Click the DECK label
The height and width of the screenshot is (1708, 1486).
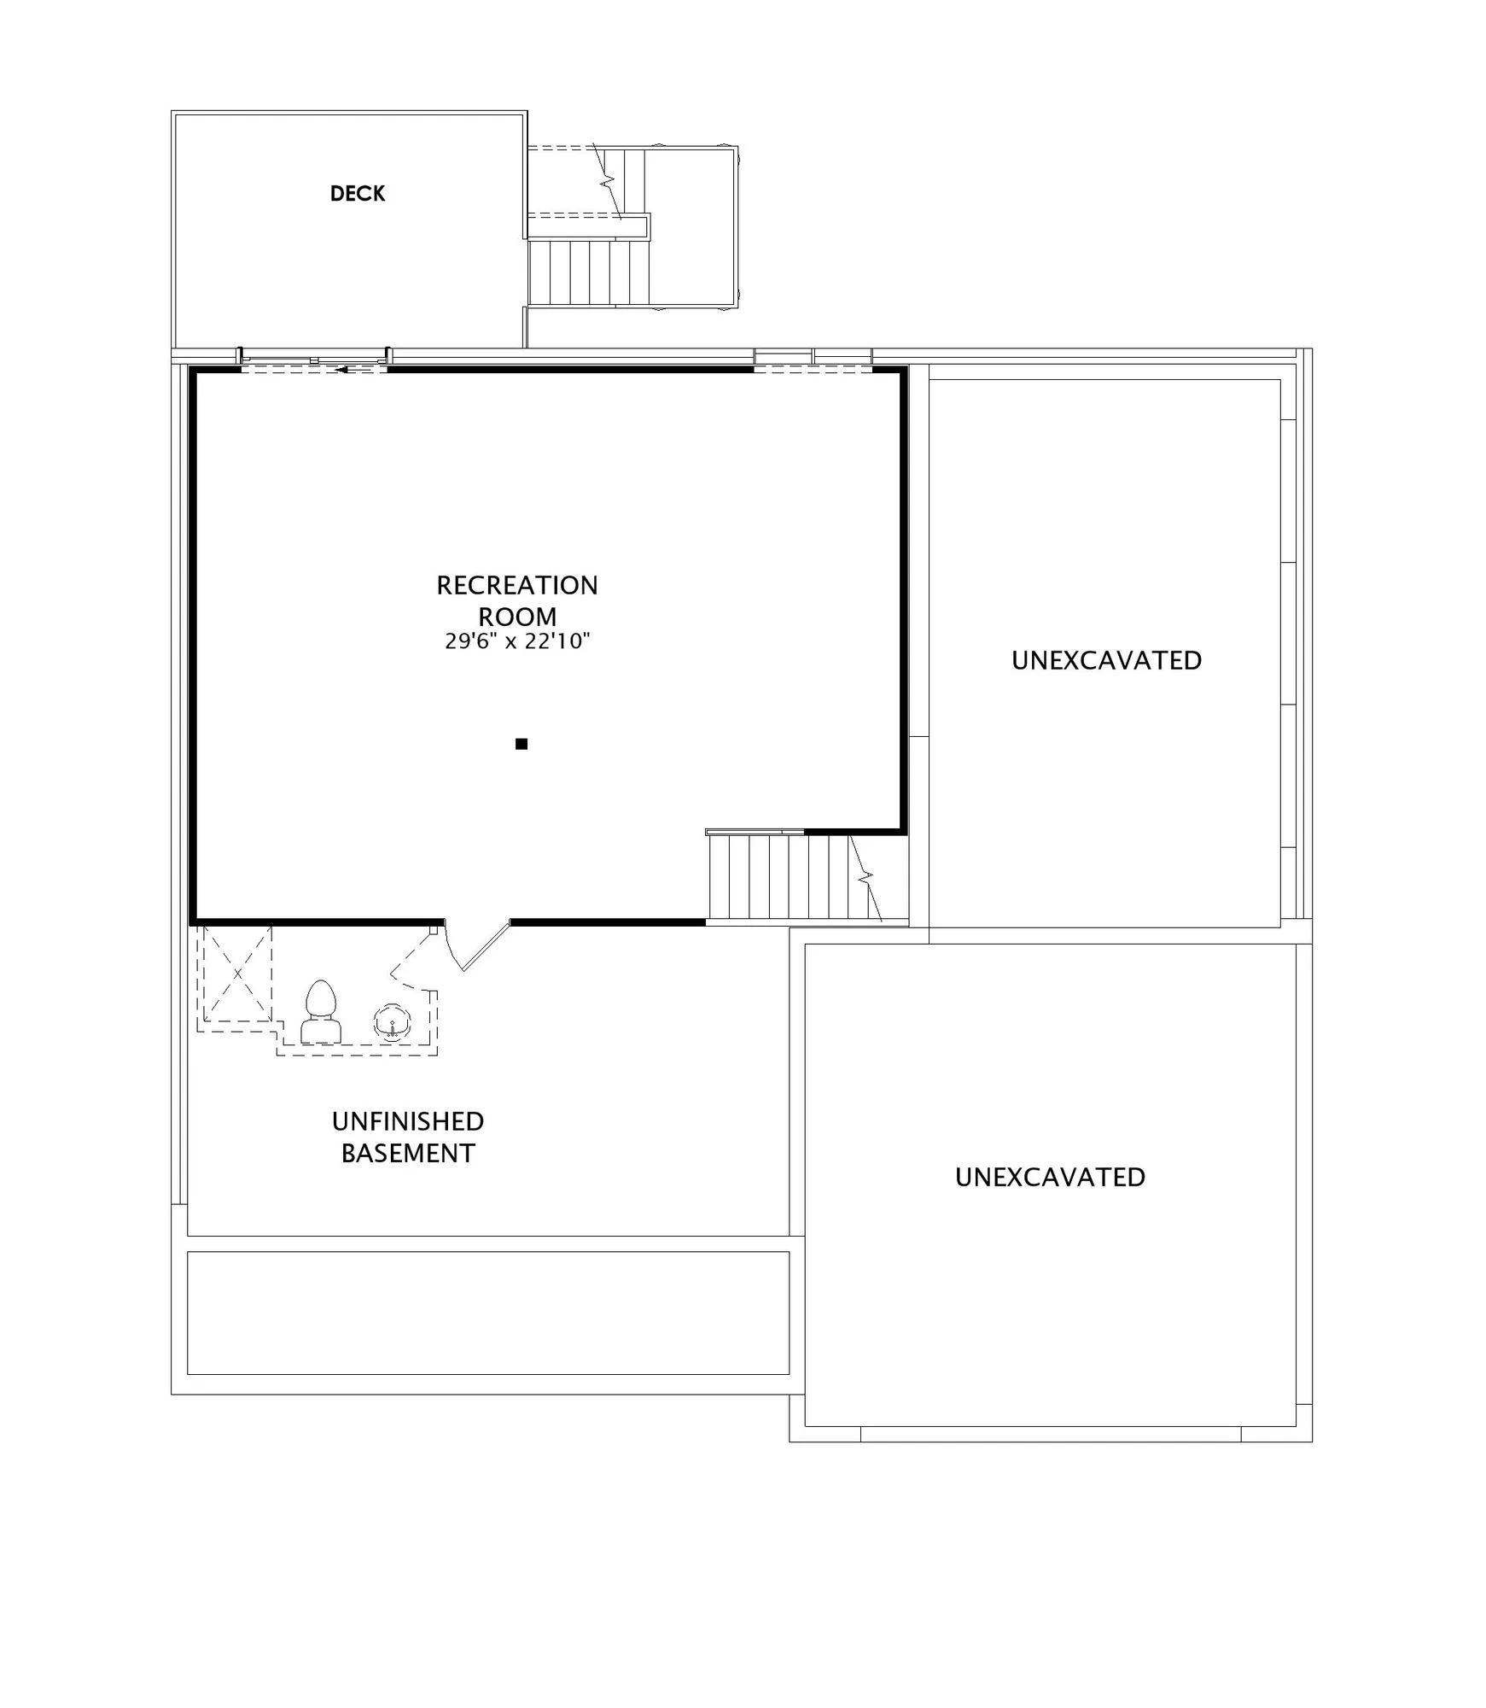click(358, 194)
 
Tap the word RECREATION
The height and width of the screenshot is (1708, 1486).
click(517, 586)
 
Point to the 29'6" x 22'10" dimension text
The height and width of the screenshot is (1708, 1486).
click(517, 641)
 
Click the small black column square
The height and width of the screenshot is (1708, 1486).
click(522, 744)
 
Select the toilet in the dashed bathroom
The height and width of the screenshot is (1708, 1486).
click(321, 1011)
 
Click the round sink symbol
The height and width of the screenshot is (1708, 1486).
click(393, 1022)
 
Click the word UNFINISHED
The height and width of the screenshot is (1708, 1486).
click(408, 1121)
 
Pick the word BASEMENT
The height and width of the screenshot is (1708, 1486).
click(408, 1154)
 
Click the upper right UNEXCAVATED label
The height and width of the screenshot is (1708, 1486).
click(1106, 660)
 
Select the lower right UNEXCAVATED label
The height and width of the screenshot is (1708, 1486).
click(1050, 1177)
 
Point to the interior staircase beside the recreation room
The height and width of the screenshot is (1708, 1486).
click(794, 878)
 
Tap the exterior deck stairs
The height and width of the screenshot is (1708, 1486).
click(589, 272)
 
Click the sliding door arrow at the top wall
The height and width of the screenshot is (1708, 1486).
click(355, 370)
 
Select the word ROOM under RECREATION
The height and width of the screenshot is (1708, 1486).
click(517, 617)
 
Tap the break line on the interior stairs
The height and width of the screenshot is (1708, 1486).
click(865, 878)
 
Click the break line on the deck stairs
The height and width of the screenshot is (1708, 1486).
click(608, 181)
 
